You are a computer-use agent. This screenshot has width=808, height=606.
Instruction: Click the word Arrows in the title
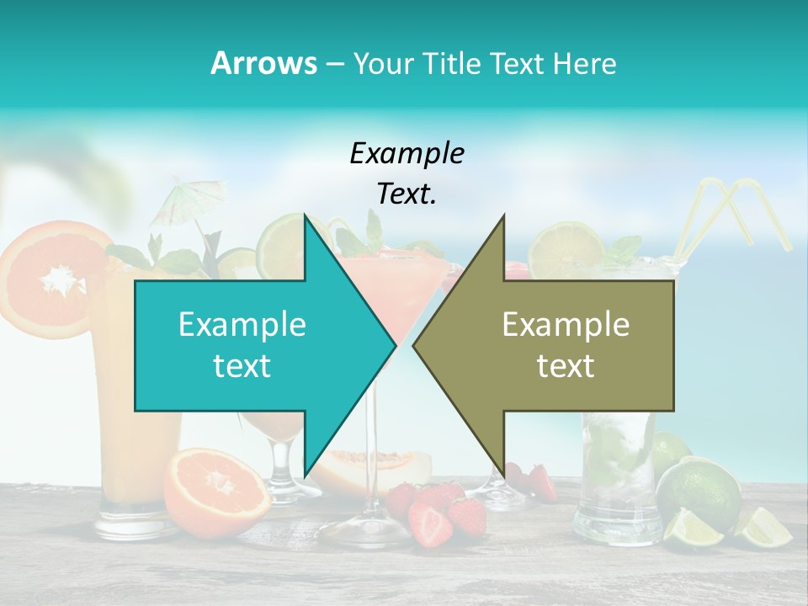[x=263, y=63]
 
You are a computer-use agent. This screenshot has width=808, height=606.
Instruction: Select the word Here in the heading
[x=584, y=63]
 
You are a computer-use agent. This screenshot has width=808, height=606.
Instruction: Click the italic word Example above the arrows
[x=407, y=154]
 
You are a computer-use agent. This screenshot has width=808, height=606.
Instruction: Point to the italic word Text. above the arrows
[x=407, y=194]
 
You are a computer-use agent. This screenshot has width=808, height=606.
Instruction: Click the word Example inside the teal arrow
[x=242, y=325]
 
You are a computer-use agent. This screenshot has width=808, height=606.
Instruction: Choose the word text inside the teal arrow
[x=242, y=366]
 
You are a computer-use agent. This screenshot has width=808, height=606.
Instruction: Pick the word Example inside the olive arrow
[x=566, y=325]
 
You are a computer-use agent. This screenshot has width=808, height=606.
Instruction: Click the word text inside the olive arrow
[x=566, y=366]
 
